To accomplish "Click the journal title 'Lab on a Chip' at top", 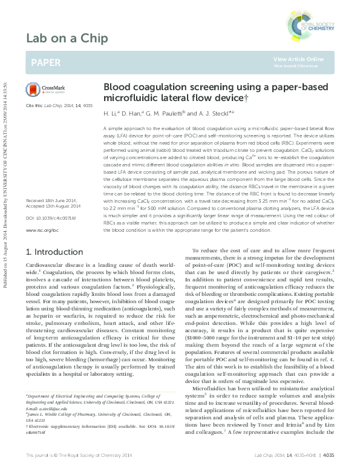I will click(x=67, y=39).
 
